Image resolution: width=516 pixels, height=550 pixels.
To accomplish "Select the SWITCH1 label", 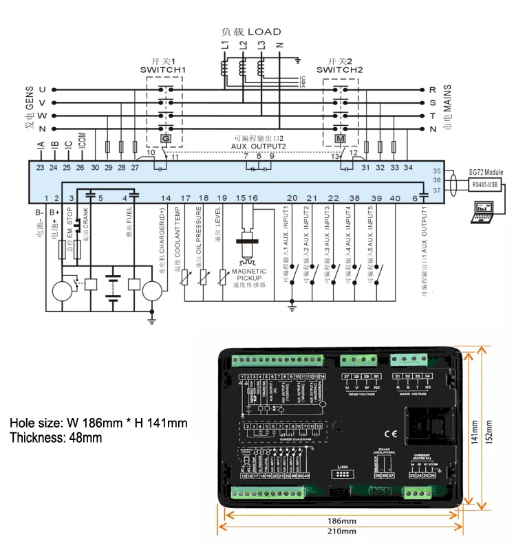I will pos(163,69).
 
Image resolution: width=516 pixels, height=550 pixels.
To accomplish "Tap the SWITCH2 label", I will pos(339,69).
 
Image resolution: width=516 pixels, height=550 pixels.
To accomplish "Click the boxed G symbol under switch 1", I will pos(165,139).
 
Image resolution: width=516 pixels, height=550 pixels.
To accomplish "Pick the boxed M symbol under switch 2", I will pos(339,139).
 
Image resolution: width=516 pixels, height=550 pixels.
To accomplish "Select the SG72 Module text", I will pos(486,172).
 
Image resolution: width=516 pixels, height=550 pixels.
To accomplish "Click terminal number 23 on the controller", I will pos(40,167).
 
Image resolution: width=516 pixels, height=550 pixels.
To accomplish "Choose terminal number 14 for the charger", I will pos(165,198).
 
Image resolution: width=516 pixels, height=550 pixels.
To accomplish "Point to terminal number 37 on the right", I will pos(436,190).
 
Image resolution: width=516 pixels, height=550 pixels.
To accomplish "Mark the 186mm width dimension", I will pos(341,520).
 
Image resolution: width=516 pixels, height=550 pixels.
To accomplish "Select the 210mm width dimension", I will pos(341,531).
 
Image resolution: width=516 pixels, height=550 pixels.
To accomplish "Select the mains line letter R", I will pos(432,89).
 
